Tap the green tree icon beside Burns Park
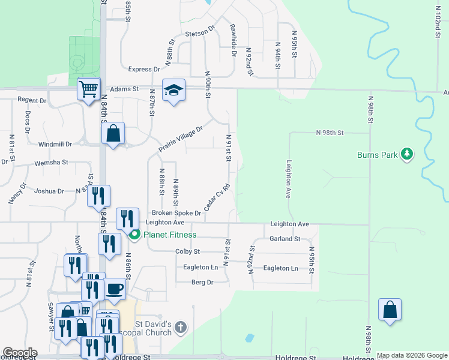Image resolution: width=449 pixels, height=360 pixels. click(x=408, y=154)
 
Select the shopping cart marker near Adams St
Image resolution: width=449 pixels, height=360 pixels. click(x=89, y=90)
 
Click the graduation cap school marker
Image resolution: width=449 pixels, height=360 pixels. click(x=174, y=91)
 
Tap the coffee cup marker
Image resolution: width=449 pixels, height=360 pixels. click(x=115, y=289)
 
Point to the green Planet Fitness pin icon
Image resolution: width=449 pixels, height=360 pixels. click(x=134, y=235)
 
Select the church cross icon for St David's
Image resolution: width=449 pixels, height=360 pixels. click(x=181, y=328)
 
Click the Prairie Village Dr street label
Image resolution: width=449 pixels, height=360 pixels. click(x=181, y=137)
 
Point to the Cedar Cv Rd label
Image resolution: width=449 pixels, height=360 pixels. click(x=217, y=197)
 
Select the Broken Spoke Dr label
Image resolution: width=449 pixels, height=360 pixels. click(x=176, y=213)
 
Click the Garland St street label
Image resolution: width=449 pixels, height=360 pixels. click(x=285, y=239)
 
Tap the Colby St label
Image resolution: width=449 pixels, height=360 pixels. click(x=187, y=252)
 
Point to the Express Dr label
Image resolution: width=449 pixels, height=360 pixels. click(x=143, y=70)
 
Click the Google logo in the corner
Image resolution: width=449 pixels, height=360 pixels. click(x=20, y=353)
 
